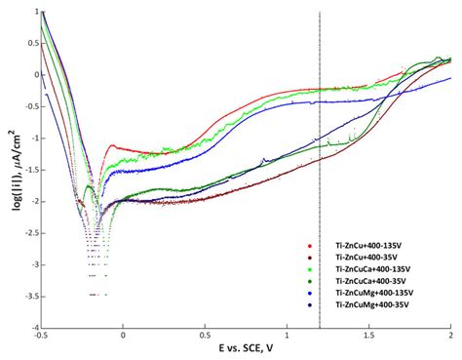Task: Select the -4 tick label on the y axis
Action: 31,328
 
